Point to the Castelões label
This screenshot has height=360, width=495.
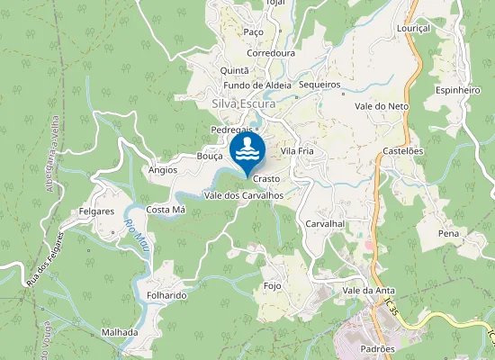coord(402,151)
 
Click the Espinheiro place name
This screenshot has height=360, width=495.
coord(458,91)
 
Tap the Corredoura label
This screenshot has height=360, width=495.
coord(271,53)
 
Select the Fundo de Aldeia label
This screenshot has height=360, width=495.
coord(257,85)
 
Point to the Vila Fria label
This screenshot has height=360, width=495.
coord(297,151)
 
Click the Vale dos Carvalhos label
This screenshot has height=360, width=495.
coord(244,195)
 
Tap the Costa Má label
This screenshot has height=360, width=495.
coord(166,210)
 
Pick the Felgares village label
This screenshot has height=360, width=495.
coord(96,212)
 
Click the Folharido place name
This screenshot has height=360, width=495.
coord(166,295)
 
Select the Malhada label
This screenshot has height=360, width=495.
coord(121,332)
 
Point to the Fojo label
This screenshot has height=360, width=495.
coord(273,286)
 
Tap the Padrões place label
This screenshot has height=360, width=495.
coord(376,348)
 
